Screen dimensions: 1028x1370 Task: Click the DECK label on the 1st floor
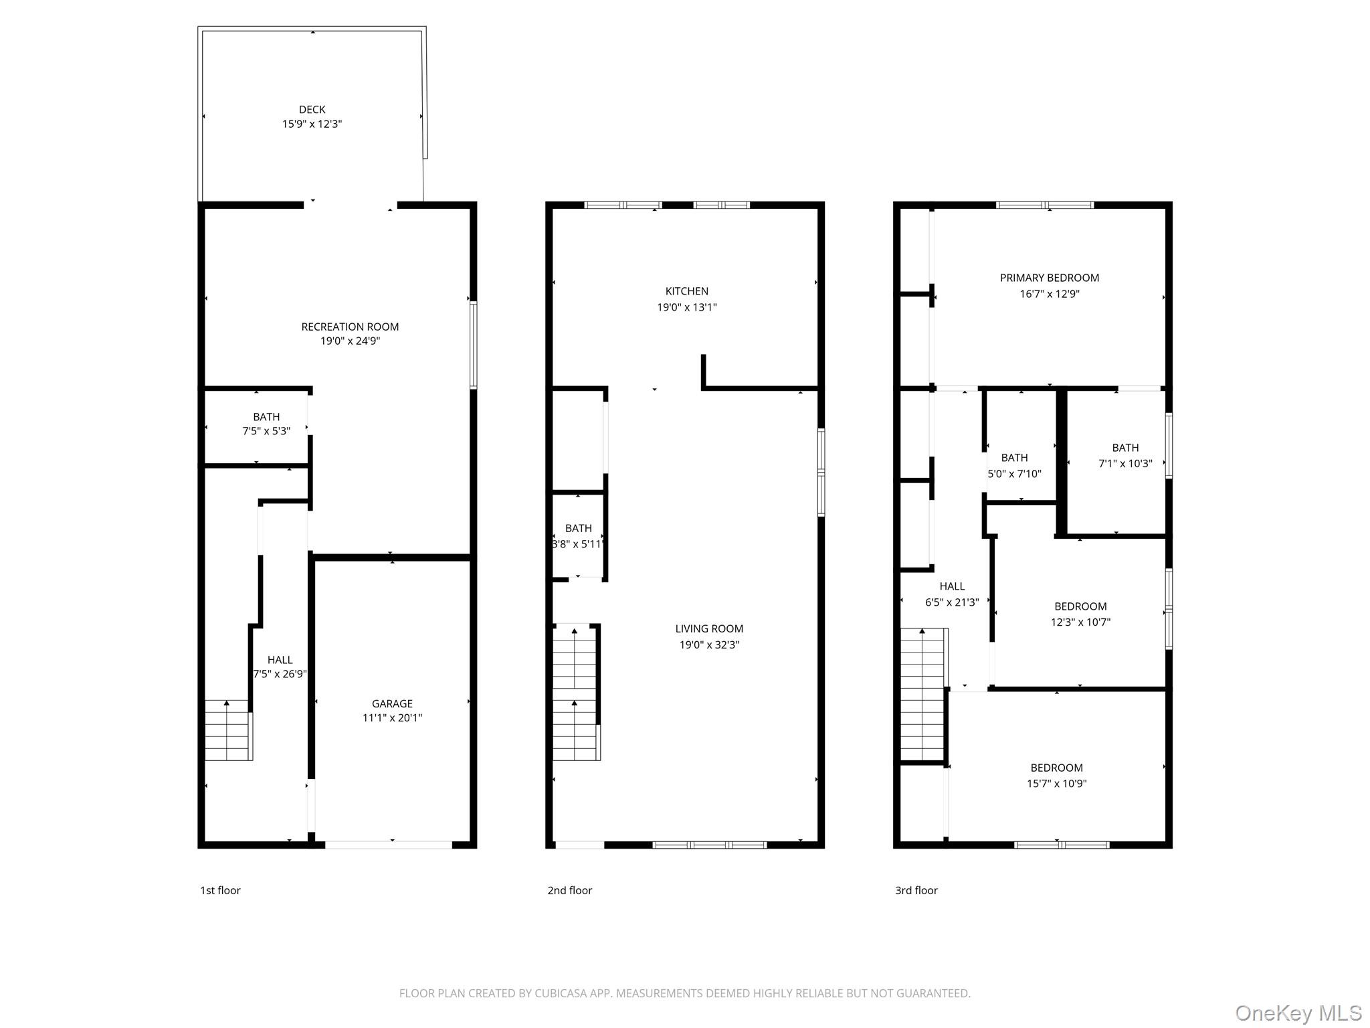pos(312,109)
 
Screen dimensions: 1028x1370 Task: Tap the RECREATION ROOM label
pos(350,327)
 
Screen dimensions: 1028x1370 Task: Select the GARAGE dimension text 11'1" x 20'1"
pos(392,718)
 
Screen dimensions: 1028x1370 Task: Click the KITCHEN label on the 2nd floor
pos(686,291)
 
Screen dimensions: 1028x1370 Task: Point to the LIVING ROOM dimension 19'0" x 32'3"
pos(708,645)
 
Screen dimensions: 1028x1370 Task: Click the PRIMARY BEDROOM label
pos(1049,278)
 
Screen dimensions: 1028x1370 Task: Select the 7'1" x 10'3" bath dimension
pos(1125,463)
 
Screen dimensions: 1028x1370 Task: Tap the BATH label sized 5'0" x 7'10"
pos(1014,458)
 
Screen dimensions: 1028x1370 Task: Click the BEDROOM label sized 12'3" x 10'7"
pos(1080,606)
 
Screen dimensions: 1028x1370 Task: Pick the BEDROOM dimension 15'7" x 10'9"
pos(1056,783)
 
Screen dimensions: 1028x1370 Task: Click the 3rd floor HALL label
pos(951,586)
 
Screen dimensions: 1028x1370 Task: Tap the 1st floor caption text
pos(220,890)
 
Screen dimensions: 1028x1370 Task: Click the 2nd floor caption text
pos(569,890)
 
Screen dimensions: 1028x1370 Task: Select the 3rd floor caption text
pos(916,890)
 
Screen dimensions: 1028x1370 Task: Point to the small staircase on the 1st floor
pos(227,730)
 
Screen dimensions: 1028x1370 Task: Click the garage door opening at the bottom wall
pos(388,845)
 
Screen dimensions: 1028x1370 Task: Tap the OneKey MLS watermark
pos(1298,1013)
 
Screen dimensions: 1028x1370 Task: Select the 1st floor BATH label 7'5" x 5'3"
pos(266,417)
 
